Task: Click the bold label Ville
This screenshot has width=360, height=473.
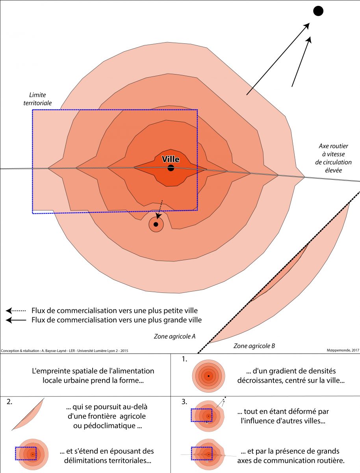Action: pyautogui.click(x=171, y=159)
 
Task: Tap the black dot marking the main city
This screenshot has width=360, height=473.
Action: pyautogui.click(x=171, y=168)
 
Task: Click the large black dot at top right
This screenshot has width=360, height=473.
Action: pyautogui.click(x=318, y=11)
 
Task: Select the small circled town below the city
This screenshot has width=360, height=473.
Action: pyautogui.click(x=156, y=225)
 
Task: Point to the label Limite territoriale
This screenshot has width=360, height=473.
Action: pyautogui.click(x=41, y=99)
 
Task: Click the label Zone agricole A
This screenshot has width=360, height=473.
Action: pyautogui.click(x=175, y=337)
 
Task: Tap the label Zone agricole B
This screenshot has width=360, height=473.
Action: pyautogui.click(x=254, y=346)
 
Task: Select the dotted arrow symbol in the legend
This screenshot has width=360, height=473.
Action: pyautogui.click(x=16, y=310)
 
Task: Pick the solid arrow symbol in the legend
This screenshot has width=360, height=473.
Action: pyautogui.click(x=16, y=320)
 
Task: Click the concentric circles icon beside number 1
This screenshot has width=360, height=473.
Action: pyautogui.click(x=208, y=376)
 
